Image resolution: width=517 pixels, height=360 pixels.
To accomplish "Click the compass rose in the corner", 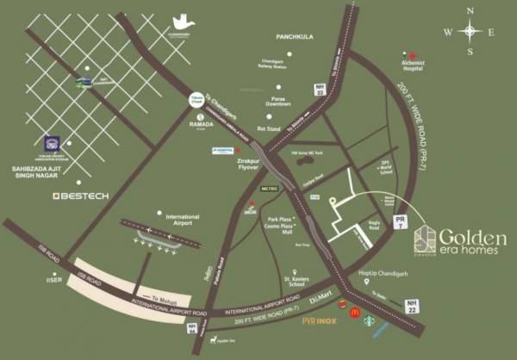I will pos(470,32).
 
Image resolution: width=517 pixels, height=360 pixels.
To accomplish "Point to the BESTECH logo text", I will pos(81,196).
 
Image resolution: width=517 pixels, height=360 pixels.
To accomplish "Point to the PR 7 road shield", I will pos(398,223).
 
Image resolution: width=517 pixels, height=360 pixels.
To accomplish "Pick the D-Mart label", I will pos(322,297).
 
